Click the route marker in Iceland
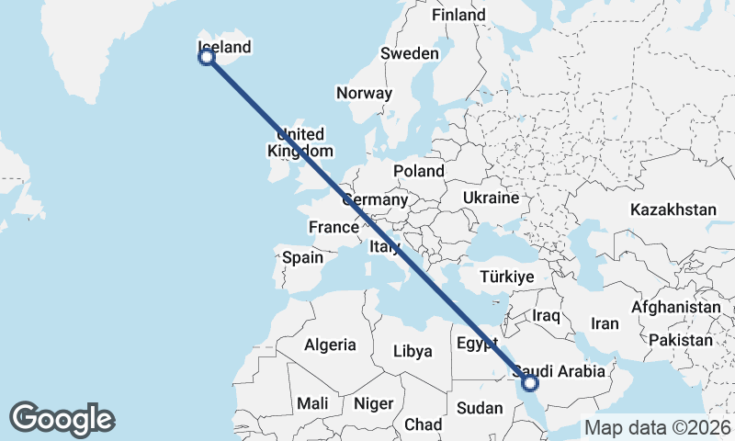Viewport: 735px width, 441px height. pos(207,56)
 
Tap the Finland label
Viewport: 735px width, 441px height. pos(458,16)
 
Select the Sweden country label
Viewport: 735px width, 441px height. pos(410,54)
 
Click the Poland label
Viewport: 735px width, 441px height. pos(418,171)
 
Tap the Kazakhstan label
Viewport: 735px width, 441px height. pos(673,210)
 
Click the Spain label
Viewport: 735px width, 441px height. pos(302,257)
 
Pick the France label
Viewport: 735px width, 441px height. pos(333,227)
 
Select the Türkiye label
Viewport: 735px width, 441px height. pos(507,277)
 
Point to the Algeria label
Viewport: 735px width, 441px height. pos(330,345)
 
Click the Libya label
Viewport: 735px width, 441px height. pos(412,351)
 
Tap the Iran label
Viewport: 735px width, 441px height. pos(605,323)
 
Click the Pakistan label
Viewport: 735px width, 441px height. pos(680,340)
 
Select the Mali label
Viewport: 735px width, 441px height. pos(312,403)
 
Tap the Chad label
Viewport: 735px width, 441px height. pos(423,424)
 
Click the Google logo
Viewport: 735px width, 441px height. pos(62,419)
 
